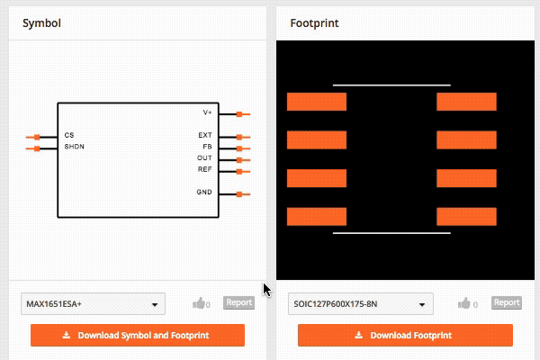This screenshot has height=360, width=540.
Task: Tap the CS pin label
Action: click(69, 136)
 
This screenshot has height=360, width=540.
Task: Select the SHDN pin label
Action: click(74, 146)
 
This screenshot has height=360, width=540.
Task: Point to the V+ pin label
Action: click(207, 112)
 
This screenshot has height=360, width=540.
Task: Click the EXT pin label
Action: click(205, 136)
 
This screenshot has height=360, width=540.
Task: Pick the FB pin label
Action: click(207, 147)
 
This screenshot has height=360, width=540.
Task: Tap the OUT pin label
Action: click(204, 158)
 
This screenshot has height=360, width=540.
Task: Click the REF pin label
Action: click(204, 169)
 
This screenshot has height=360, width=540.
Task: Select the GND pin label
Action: click(204, 193)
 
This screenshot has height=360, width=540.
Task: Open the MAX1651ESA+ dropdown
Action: click(93, 304)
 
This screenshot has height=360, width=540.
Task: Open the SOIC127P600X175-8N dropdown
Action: click(361, 304)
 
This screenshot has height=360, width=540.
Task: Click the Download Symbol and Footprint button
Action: click(137, 336)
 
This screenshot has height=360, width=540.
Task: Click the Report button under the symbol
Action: click(238, 303)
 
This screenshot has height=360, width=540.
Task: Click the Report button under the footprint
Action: click(507, 303)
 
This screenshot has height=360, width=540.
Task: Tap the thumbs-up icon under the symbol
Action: click(199, 304)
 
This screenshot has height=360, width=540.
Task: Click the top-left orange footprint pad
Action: click(316, 102)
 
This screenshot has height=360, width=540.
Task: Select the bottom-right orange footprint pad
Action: click(466, 217)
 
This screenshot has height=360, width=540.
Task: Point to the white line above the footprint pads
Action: click(391, 85)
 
